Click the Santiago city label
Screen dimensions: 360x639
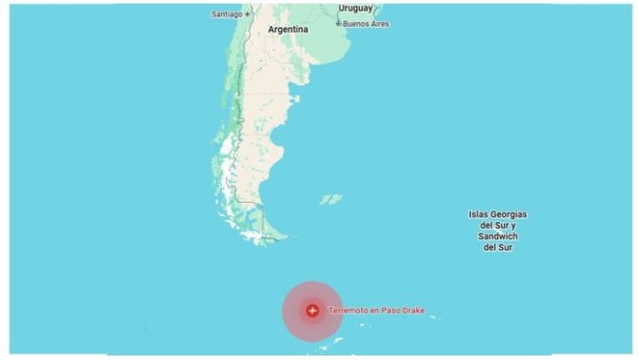coord(226,14)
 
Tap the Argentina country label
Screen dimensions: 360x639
coord(287,29)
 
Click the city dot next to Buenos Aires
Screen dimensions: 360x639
coord(339,23)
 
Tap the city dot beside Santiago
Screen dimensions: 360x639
coord(247,14)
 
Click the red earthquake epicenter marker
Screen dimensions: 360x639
coord(313,310)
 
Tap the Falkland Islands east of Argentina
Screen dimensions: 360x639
coord(331,198)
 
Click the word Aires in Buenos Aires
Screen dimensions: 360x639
coord(379,24)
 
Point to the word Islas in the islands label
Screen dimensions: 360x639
coord(476,215)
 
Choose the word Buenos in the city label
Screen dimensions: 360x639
coord(356,24)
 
